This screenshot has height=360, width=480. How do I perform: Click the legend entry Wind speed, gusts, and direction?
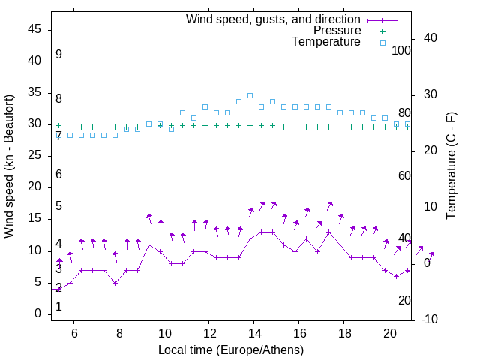click(273, 19)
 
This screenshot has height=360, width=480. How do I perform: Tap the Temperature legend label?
click(326, 42)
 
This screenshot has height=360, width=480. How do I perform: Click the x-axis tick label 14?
click(254, 333)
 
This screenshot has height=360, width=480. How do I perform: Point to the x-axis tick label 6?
click(73, 333)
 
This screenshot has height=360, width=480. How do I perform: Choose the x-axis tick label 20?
click(389, 333)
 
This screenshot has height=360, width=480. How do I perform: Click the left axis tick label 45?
click(34, 30)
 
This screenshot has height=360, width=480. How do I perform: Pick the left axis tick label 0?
click(37, 313)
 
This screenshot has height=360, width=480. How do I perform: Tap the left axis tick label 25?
click(34, 156)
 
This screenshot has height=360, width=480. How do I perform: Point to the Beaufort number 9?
click(58, 55)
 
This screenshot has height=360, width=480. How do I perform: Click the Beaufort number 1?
click(58, 306)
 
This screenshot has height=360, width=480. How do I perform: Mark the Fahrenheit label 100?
click(401, 50)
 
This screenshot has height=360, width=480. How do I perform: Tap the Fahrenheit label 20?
click(404, 300)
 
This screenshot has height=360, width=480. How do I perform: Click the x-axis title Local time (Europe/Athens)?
click(231, 349)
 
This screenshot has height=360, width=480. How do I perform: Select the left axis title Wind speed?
click(9, 166)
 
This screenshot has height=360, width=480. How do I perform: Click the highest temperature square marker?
click(250, 96)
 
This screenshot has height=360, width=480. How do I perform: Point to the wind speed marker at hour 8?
click(115, 282)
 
